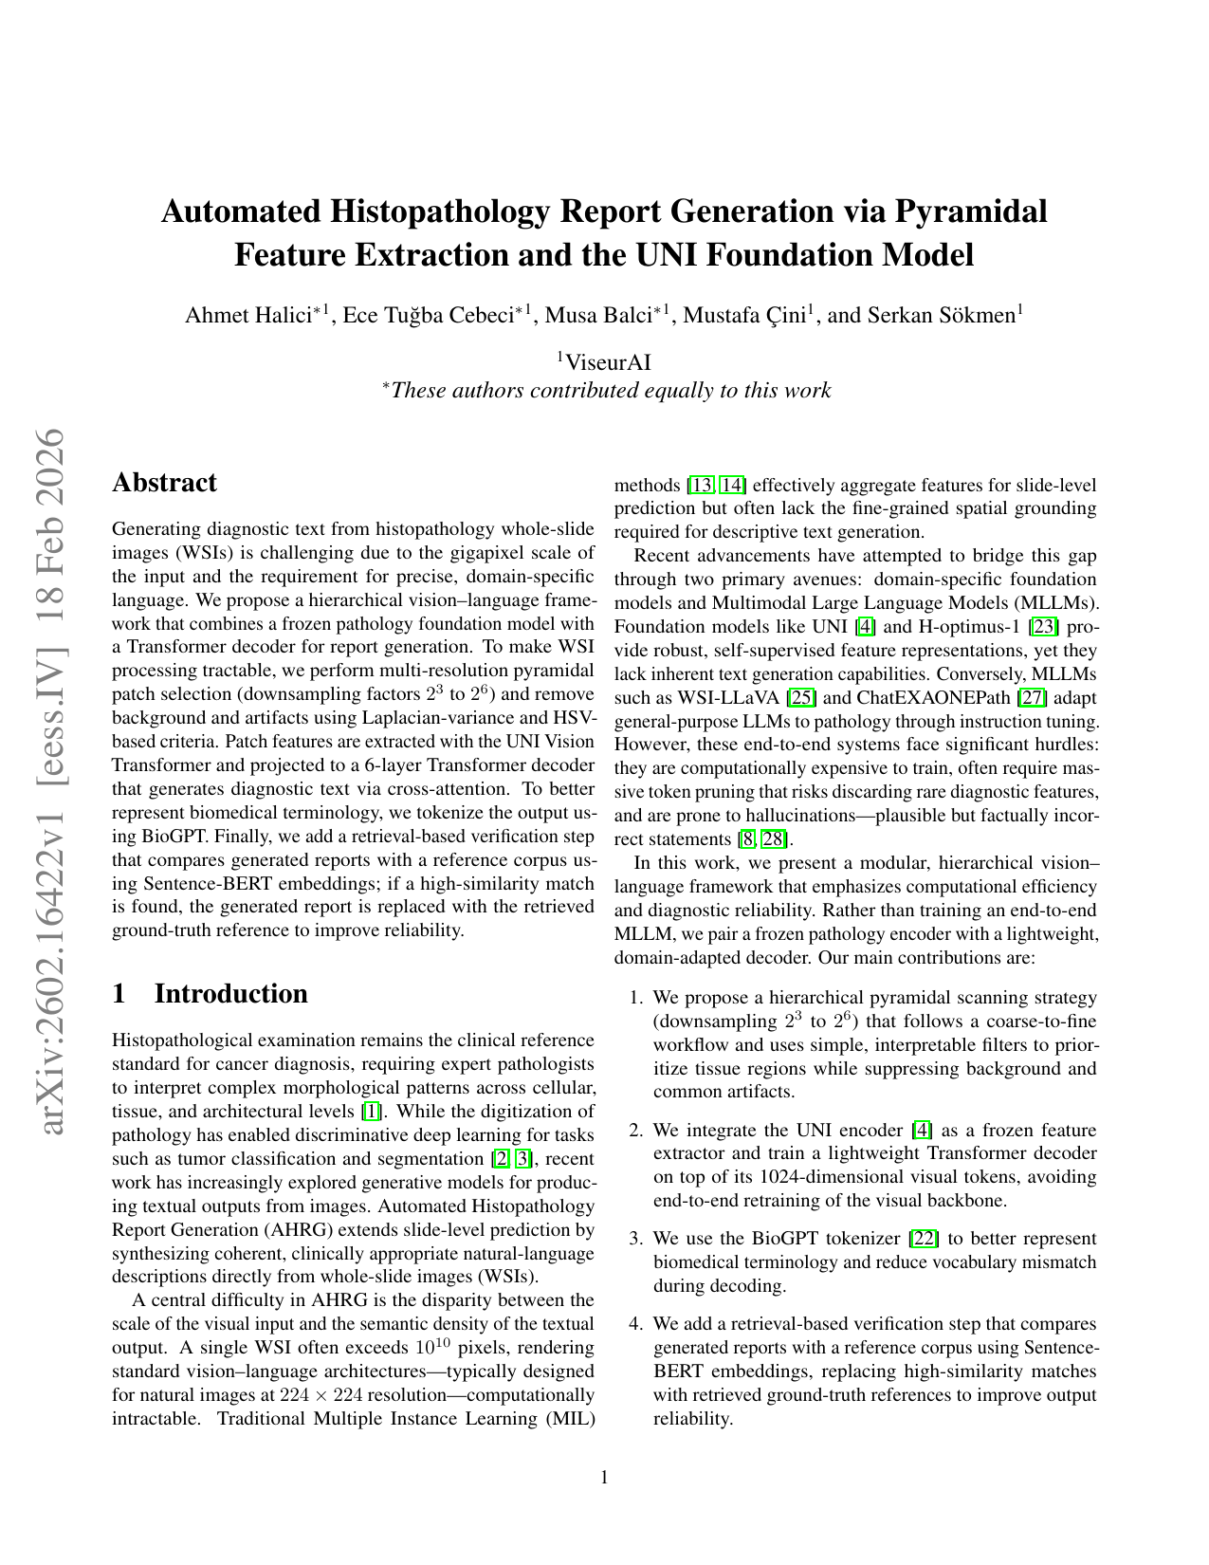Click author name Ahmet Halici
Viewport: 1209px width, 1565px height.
pos(249,316)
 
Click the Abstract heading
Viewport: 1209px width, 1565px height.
pos(164,483)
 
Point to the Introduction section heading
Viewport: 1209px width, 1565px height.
pos(230,993)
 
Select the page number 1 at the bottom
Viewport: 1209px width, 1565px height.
pos(604,1477)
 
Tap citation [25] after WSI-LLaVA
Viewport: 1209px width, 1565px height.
pos(802,698)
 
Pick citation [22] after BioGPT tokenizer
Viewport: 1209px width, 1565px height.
pos(923,1239)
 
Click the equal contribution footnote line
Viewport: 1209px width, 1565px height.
pos(607,390)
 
